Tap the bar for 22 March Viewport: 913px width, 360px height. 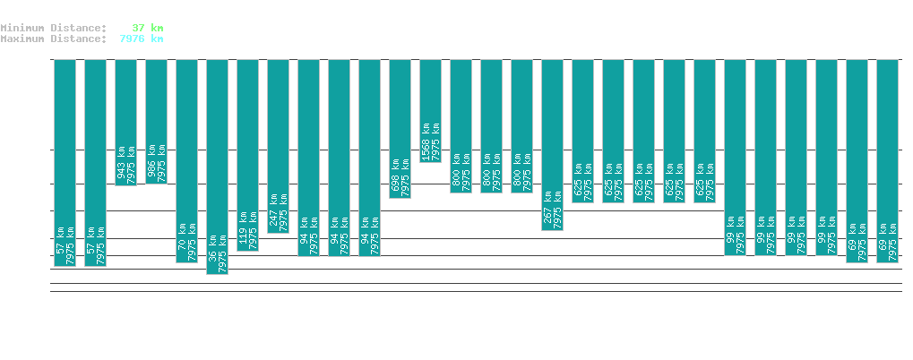click(125, 122)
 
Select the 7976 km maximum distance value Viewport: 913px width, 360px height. click(141, 39)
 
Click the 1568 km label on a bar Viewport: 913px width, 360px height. click(426, 141)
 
